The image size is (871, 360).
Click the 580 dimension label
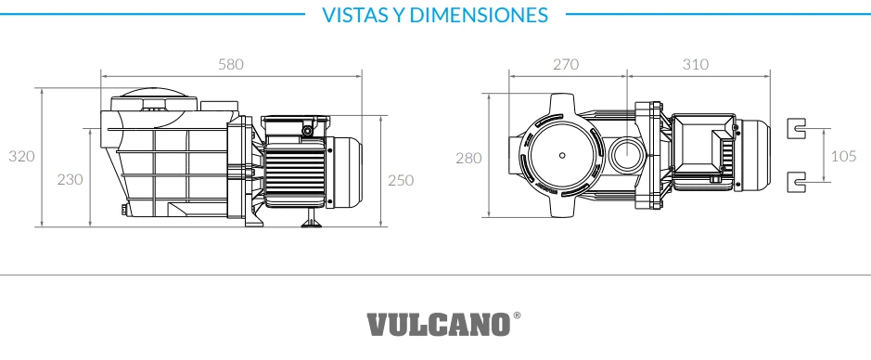(231, 64)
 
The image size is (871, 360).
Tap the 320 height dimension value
(21, 156)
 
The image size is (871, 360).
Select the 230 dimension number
(70, 179)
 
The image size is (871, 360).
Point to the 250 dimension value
(401, 181)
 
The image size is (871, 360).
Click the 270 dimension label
(566, 64)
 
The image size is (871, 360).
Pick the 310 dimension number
(696, 64)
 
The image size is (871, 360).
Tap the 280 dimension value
(468, 159)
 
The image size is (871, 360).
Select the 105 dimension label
(843, 156)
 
